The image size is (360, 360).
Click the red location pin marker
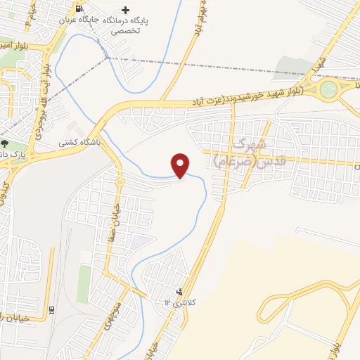point(181,165)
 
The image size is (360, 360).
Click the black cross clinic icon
point(126,10)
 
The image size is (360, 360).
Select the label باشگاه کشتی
point(81,141)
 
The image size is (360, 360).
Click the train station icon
point(52,309)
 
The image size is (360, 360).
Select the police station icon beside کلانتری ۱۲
point(180,292)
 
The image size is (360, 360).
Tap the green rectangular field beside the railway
point(84,284)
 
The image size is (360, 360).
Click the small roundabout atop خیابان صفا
point(120,182)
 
